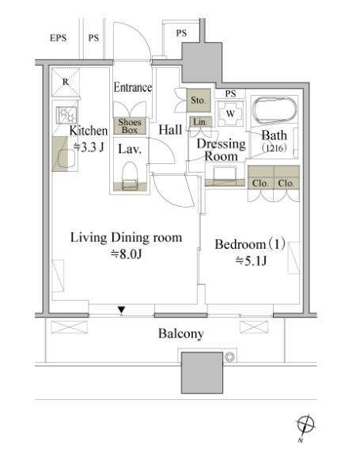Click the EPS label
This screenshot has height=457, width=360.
(x=58, y=38)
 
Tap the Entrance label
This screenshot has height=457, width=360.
(x=132, y=87)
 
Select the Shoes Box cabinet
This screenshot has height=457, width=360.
(x=130, y=126)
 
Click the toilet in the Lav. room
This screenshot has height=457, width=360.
(x=130, y=176)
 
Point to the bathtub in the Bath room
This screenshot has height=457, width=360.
(x=274, y=111)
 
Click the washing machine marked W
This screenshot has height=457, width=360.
(x=230, y=113)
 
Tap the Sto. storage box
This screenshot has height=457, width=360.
(x=199, y=101)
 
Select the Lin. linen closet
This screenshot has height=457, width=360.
(x=200, y=122)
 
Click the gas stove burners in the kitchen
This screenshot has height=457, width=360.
(x=66, y=115)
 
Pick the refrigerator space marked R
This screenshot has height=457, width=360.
(x=66, y=82)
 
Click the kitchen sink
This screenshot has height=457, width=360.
(x=66, y=158)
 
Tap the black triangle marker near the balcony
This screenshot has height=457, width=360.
(x=122, y=310)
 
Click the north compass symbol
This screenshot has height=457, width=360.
(x=305, y=425)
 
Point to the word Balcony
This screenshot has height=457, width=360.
(x=181, y=333)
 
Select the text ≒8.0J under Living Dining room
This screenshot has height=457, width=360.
(x=127, y=254)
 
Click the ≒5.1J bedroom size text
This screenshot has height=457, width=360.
(x=251, y=261)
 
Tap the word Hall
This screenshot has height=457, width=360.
(x=170, y=130)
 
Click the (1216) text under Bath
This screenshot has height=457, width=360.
(x=274, y=148)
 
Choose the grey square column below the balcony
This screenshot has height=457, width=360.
(x=202, y=373)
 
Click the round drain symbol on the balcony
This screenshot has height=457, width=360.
(x=229, y=356)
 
